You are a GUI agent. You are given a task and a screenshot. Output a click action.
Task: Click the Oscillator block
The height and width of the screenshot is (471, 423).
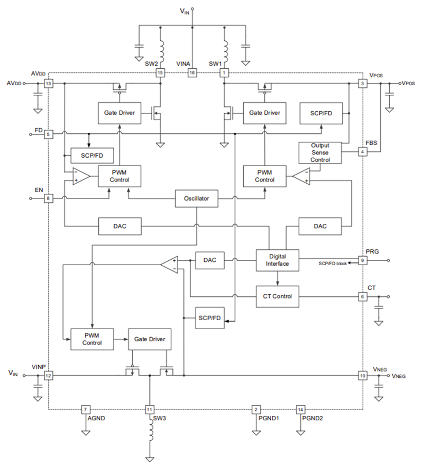pos(196,199)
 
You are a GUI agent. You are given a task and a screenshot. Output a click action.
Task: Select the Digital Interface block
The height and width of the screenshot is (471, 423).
pos(277,259)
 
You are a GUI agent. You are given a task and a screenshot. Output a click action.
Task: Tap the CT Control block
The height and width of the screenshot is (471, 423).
pos(277,296)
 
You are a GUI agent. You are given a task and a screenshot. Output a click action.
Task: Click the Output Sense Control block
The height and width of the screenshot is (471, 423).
pos(320,152)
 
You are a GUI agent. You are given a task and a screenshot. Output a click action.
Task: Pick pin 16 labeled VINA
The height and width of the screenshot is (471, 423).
pos(192,73)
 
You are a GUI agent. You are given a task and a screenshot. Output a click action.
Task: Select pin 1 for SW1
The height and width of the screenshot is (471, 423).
pos(224,73)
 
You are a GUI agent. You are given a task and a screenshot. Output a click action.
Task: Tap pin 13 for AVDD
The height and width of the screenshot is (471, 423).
pos(49,84)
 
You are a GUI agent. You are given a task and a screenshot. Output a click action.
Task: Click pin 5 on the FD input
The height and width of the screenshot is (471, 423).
pos(49,134)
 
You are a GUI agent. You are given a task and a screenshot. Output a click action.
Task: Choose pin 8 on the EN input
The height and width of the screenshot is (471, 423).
pos(49,198)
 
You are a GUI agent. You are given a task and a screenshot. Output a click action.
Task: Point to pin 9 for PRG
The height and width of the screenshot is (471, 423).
pos(363,260)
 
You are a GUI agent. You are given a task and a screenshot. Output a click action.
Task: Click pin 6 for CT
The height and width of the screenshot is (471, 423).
pos(363,296)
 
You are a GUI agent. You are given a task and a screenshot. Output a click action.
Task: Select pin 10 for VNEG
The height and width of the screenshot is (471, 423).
pos(363,375)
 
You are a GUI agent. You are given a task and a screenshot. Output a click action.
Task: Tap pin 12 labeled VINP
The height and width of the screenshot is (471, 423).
pos(49,375)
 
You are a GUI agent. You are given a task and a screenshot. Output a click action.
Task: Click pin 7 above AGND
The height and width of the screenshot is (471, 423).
pos(86,410)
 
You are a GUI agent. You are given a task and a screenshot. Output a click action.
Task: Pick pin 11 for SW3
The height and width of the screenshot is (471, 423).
pos(150,410)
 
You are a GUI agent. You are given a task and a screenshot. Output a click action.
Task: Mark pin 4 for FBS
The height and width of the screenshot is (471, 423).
pos(363,152)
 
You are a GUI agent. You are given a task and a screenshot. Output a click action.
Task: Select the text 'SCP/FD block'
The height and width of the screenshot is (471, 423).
pos(333,263)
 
